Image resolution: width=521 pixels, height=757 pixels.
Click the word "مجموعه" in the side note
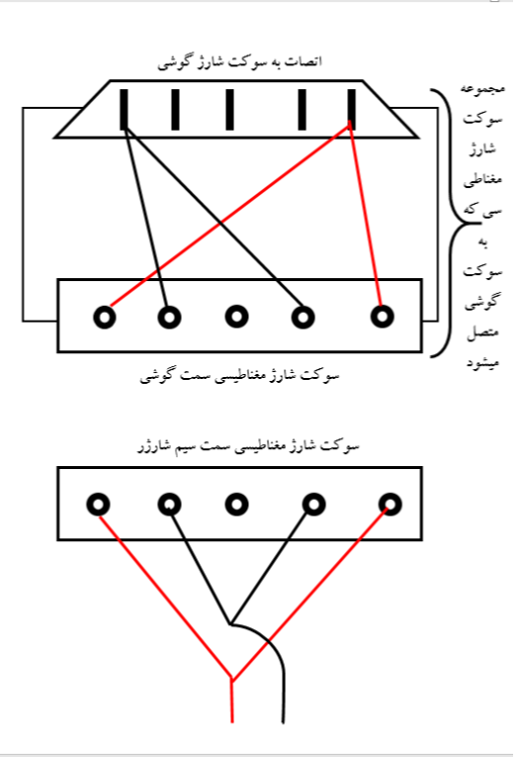[x=482, y=90]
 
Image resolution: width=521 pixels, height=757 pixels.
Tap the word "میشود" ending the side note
[x=482, y=361]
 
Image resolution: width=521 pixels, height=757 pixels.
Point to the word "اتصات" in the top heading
[x=305, y=61]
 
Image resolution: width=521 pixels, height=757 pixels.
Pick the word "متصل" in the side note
[x=482, y=332]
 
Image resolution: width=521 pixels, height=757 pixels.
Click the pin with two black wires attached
[x=124, y=109]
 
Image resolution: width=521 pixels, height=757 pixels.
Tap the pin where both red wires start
[x=351, y=109]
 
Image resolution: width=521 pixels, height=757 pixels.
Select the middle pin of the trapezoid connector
[x=230, y=109]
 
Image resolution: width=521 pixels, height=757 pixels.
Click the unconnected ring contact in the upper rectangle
[x=236, y=317]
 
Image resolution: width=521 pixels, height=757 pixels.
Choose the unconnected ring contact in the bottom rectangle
[x=236, y=505]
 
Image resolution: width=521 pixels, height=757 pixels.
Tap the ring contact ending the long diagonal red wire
[x=105, y=318]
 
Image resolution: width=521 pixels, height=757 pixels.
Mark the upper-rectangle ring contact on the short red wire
[x=382, y=317]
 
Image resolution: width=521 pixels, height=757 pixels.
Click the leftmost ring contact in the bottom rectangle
[x=98, y=505]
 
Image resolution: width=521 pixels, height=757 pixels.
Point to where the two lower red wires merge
[x=232, y=680]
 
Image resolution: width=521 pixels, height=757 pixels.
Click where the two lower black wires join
[x=230, y=623]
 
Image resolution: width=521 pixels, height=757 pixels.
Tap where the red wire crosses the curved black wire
[x=269, y=640]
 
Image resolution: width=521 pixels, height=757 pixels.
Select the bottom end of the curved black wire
[x=283, y=722]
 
